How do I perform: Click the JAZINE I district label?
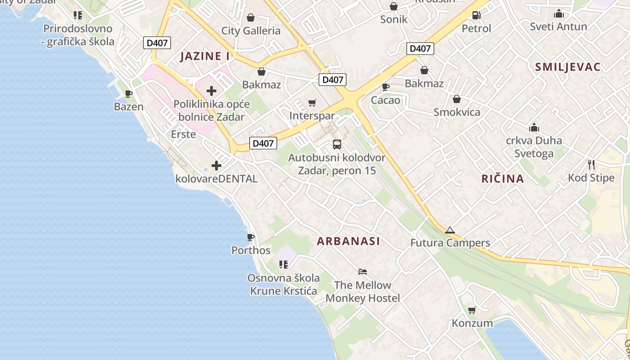tap(205, 56)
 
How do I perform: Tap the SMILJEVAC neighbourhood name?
tap(567, 67)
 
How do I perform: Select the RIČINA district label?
tap(503, 179)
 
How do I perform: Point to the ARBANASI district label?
tap(348, 241)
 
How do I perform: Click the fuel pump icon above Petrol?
tap(476, 15)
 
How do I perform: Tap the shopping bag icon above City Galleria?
tap(250, 18)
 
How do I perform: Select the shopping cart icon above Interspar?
tap(312, 103)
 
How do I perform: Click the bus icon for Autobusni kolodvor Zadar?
tap(337, 144)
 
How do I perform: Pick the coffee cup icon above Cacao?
tap(385, 87)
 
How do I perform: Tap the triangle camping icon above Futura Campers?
tap(450, 230)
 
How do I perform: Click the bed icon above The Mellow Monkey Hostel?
tap(363, 272)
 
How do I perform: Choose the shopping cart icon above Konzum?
tap(472, 310)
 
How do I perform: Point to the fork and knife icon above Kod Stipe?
tap(591, 165)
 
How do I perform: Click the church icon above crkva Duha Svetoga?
tap(534, 127)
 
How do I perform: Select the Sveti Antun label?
tap(558, 27)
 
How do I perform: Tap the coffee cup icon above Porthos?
tap(251, 237)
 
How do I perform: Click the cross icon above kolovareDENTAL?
tap(216, 166)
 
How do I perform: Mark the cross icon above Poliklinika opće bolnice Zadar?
tap(211, 91)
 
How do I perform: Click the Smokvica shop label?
tap(457, 112)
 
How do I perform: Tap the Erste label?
tap(183, 134)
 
